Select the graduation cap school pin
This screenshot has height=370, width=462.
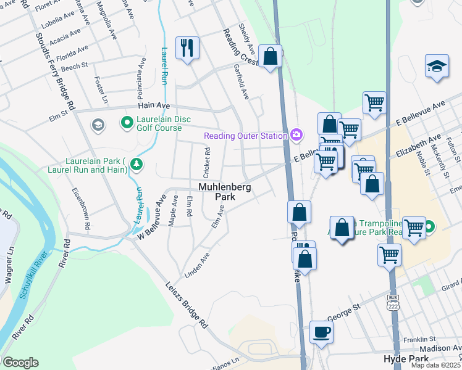[437, 67]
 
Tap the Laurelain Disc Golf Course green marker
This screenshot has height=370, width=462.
[127, 123]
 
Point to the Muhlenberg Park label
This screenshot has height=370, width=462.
[225, 191]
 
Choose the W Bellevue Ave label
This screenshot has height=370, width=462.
[153, 212]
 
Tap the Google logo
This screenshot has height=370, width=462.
[20, 363]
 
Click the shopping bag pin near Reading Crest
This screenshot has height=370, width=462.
[270, 57]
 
